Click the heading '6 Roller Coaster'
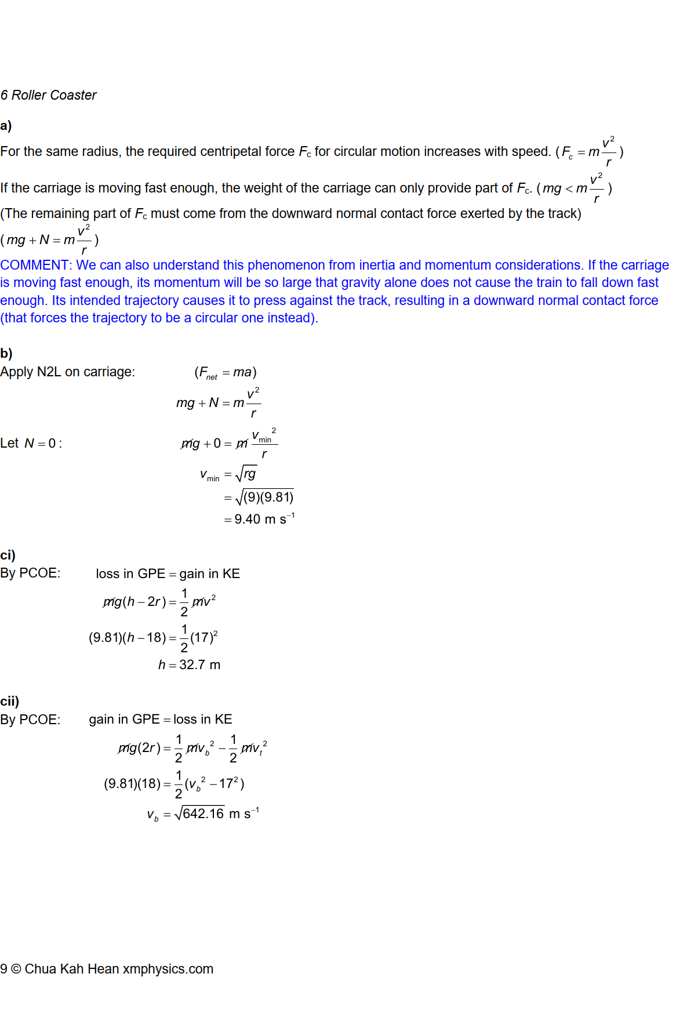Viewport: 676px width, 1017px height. (49, 95)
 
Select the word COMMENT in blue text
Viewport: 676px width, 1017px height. (34, 265)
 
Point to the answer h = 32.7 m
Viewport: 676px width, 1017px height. (190, 664)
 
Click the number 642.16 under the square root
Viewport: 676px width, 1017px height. (203, 813)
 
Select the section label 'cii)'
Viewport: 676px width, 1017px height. (10, 701)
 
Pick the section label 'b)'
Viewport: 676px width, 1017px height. (6, 353)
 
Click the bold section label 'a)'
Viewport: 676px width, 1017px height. (6, 126)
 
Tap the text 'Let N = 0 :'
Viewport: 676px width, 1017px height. (31, 444)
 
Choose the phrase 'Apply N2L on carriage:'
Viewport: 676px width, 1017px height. (68, 372)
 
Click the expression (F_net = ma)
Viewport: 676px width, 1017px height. (226, 372)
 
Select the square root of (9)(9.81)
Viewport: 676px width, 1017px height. (264, 497)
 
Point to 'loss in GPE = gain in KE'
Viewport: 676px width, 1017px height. (168, 573)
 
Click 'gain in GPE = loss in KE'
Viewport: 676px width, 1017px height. (161, 719)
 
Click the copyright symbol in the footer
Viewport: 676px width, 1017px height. (16, 969)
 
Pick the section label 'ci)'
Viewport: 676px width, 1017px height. (8, 555)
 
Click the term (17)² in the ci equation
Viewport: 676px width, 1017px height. (204, 637)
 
